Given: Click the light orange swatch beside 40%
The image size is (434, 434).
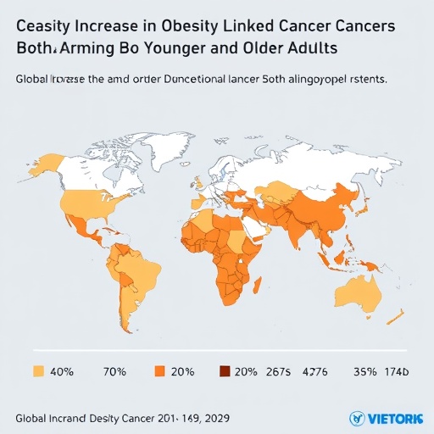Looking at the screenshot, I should tap(37, 370).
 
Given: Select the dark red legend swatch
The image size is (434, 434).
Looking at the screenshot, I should tap(225, 370).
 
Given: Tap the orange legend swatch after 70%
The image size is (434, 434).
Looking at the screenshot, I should tap(159, 370).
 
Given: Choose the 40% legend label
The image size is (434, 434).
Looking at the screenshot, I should tap(62, 371).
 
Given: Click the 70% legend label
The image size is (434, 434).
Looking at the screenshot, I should tap(115, 371).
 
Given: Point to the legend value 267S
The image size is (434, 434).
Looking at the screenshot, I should tap(278, 371).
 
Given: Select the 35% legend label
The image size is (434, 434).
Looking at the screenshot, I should tap(364, 371).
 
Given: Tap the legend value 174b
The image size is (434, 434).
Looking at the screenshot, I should tap(396, 371).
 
